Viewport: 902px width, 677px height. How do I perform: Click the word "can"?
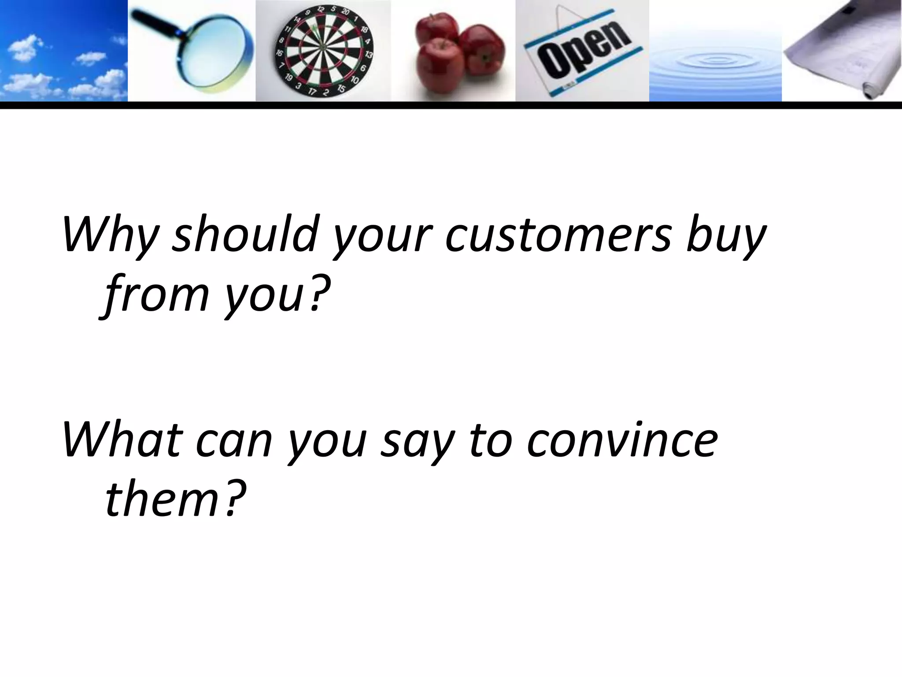[234, 441]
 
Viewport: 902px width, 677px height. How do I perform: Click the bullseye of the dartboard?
[323, 47]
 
